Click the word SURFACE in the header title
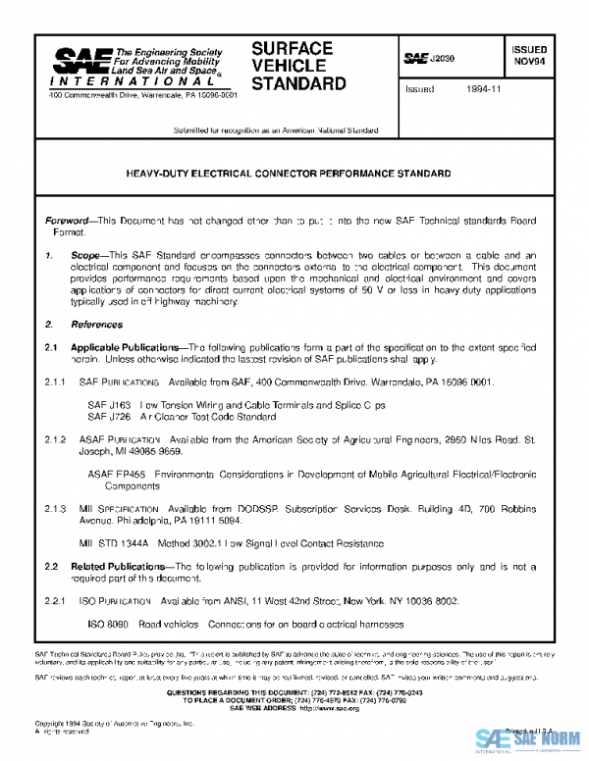tap(293, 48)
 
